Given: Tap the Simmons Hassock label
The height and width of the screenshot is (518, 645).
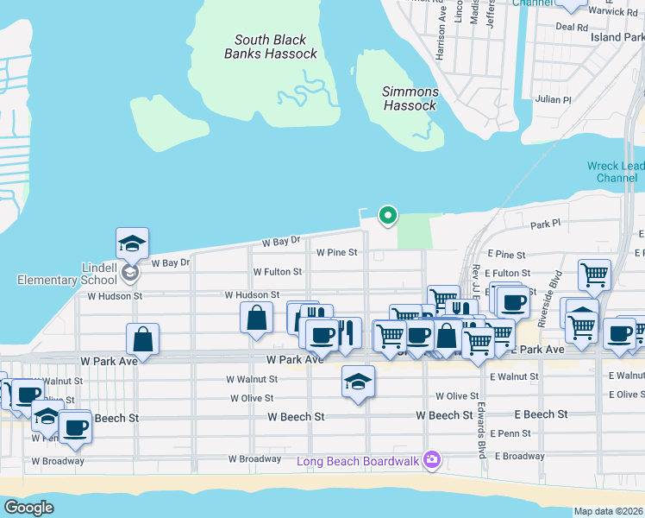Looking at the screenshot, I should click(410, 98).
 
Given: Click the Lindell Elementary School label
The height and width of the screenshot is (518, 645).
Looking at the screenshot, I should click(67, 273).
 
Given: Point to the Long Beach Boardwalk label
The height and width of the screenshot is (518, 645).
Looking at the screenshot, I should click(358, 461).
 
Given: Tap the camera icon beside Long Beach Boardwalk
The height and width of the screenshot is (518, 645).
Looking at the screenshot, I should click(433, 461).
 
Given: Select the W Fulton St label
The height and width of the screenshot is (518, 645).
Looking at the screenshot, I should click(277, 271).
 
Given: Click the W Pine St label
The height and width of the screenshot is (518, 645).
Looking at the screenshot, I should click(336, 253).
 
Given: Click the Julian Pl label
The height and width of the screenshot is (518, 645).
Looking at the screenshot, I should click(554, 100).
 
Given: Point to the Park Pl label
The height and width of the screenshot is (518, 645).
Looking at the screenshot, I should click(545, 224).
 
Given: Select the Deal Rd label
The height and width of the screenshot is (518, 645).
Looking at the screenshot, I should click(571, 27).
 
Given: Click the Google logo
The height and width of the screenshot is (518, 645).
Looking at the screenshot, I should click(28, 508).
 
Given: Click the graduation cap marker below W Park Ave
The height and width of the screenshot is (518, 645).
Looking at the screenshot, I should click(359, 381).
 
